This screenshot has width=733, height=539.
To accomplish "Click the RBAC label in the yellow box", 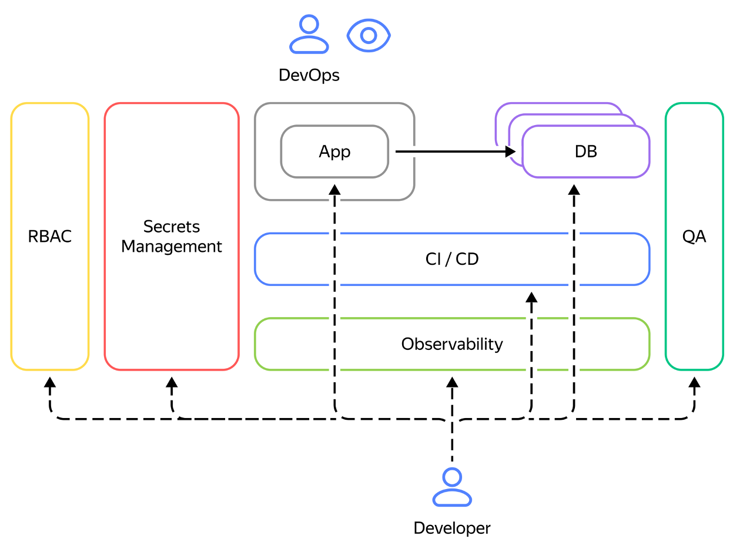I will point(50,237).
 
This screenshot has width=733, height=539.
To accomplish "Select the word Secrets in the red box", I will point(172,227).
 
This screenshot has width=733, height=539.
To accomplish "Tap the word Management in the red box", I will point(172,247).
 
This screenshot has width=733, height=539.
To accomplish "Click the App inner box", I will point(334,151).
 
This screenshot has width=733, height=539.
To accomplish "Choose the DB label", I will point(586,151).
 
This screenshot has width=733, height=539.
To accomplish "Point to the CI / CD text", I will point(452,259).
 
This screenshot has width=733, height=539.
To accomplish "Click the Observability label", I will point(452,343).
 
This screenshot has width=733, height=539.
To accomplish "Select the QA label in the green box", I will point(694,237).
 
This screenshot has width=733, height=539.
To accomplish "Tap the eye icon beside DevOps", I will point(369,35).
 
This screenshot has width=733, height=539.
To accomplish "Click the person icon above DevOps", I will point(309,35).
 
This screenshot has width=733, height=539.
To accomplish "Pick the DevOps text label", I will point(309,75).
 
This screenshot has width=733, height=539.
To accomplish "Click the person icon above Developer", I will point(452,487).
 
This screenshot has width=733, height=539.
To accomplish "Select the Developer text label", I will point(452,528).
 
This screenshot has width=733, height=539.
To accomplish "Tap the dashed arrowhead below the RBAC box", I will point(50,382).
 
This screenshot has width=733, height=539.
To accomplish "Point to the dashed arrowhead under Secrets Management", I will point(172,382).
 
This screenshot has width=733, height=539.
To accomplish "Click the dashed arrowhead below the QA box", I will point(694,382).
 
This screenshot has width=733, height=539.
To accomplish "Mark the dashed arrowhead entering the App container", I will point(334,189).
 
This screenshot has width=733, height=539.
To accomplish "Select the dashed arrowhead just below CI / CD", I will point(531,297).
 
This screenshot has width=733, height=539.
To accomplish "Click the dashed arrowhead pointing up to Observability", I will point(452,382).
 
